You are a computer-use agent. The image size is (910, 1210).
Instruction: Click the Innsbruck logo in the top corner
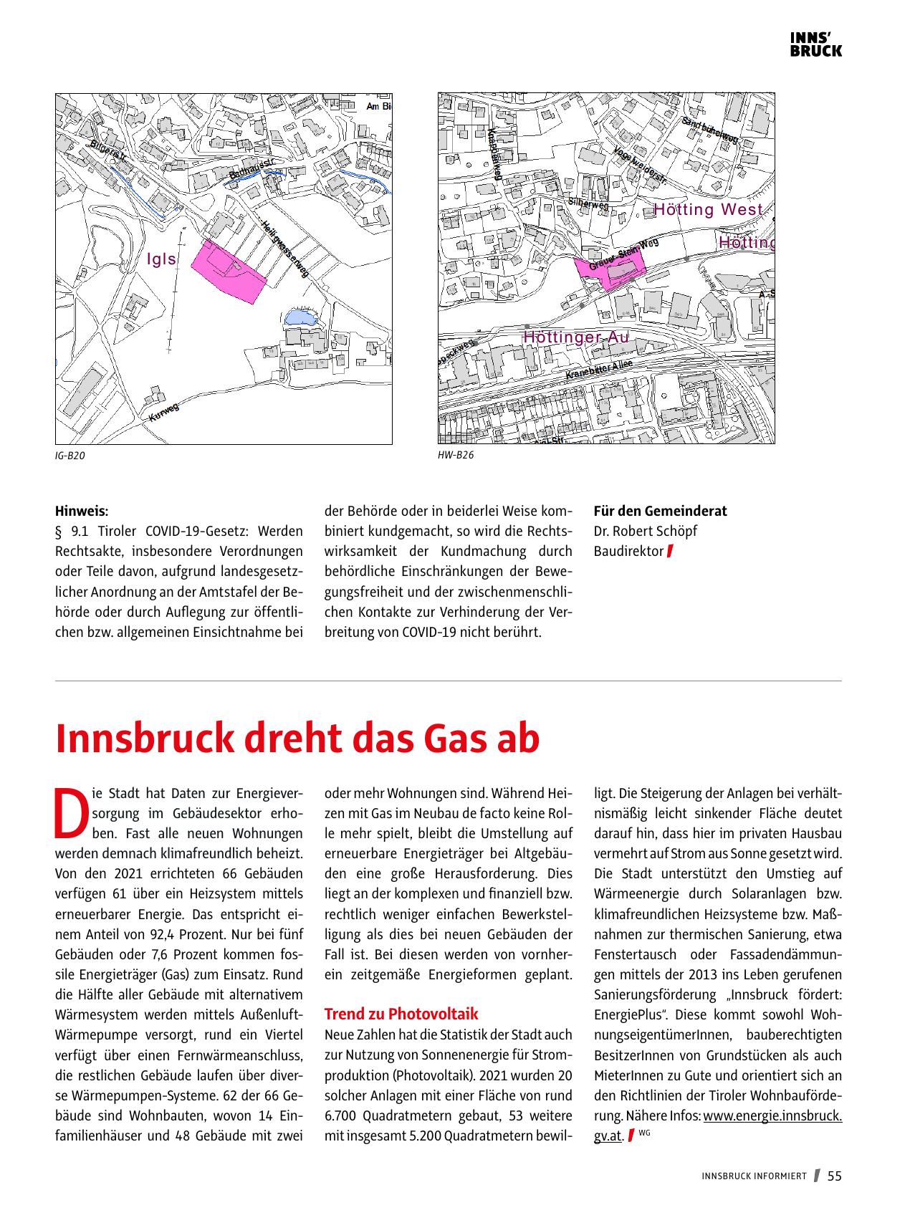coord(815,44)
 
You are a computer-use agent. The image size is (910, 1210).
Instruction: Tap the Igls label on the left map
coord(161,259)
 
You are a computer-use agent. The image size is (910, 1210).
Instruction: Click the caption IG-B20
coord(70,456)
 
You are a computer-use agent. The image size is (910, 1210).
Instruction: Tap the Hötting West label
coord(708,210)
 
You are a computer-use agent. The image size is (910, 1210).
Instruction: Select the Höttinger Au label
coord(575,337)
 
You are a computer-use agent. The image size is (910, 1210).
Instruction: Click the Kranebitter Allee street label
coord(598,370)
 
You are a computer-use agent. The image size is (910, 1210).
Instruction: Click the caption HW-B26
coord(455,454)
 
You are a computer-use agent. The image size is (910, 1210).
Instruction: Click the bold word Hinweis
coord(82,512)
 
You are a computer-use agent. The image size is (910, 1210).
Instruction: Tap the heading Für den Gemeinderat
coord(660,512)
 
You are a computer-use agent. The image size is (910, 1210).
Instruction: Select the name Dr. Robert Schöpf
coord(645,532)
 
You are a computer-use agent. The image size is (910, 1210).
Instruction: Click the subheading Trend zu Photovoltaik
coord(401,1014)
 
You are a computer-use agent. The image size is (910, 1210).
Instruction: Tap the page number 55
coord(835,1176)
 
